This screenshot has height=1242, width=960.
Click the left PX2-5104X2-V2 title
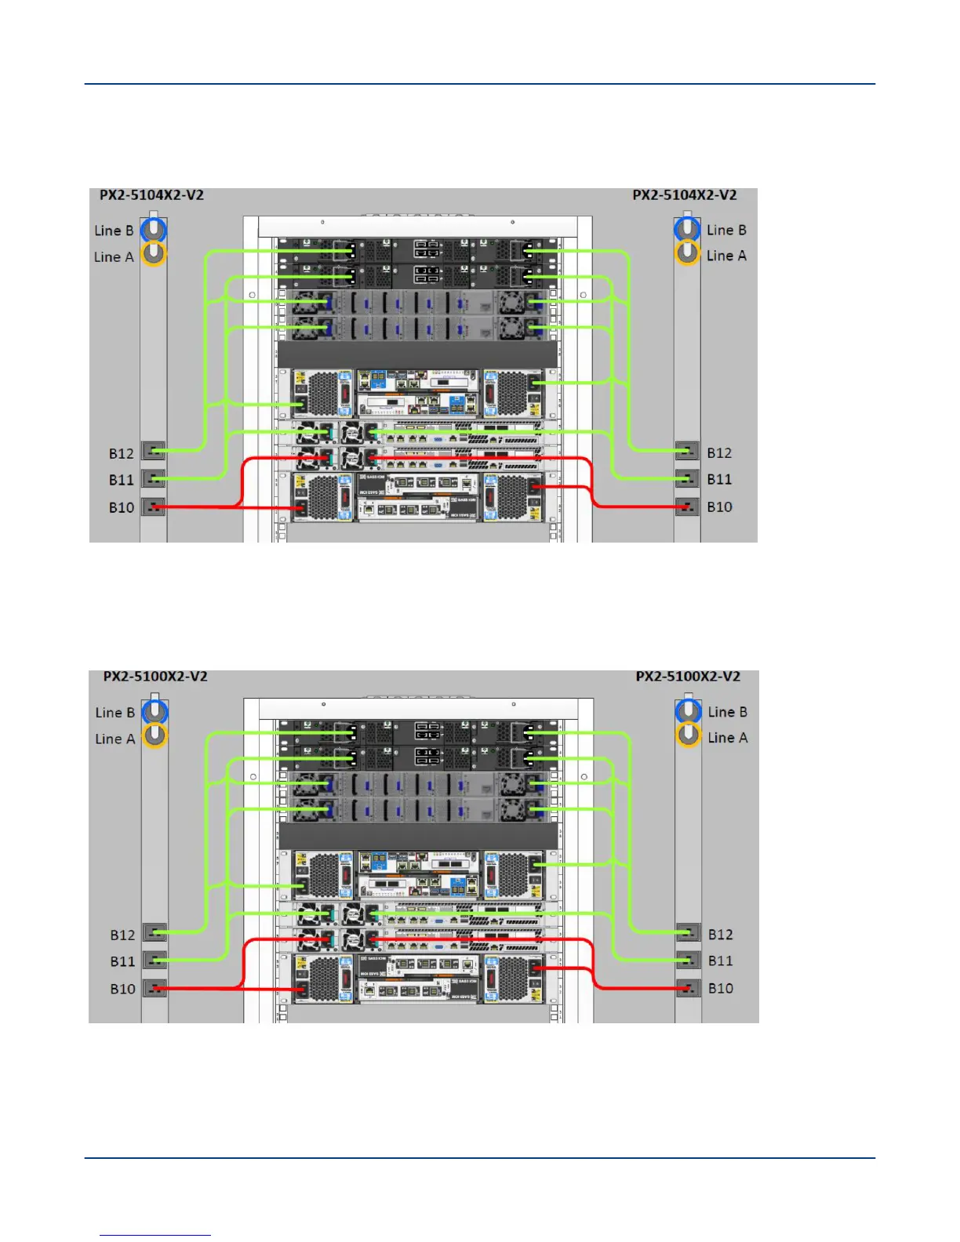coord(151,195)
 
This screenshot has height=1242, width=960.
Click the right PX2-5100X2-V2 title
coord(688,677)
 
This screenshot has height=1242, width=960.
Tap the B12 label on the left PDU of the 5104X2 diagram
coord(122,454)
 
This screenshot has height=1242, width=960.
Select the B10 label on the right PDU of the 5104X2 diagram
coord(719,507)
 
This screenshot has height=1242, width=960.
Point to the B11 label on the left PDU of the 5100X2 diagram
coord(123,962)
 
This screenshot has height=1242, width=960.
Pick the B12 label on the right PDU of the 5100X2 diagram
coord(721,935)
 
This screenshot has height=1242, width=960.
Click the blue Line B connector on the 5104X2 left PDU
coord(154,230)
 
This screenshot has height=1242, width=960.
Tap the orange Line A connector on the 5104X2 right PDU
coord(687,253)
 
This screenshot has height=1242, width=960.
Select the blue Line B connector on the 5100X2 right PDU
coord(689,710)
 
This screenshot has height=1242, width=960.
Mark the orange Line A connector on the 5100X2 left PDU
coord(155,735)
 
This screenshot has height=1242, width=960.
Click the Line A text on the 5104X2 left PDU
coord(114,257)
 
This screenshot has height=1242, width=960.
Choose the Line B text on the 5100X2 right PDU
coord(727,713)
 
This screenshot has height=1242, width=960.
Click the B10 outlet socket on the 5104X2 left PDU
coord(154,507)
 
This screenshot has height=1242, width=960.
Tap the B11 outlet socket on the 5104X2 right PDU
coord(688,478)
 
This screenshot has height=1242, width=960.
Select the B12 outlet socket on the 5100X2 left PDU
coord(155,932)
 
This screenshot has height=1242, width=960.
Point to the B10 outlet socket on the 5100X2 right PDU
coord(689,988)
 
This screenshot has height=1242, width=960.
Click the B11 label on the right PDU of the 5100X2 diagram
coord(721,961)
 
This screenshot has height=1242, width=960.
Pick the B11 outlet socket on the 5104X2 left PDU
coord(154,478)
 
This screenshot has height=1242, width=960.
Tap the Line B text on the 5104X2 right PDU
coord(725,231)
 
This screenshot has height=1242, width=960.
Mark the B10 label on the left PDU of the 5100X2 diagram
coord(123,990)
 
